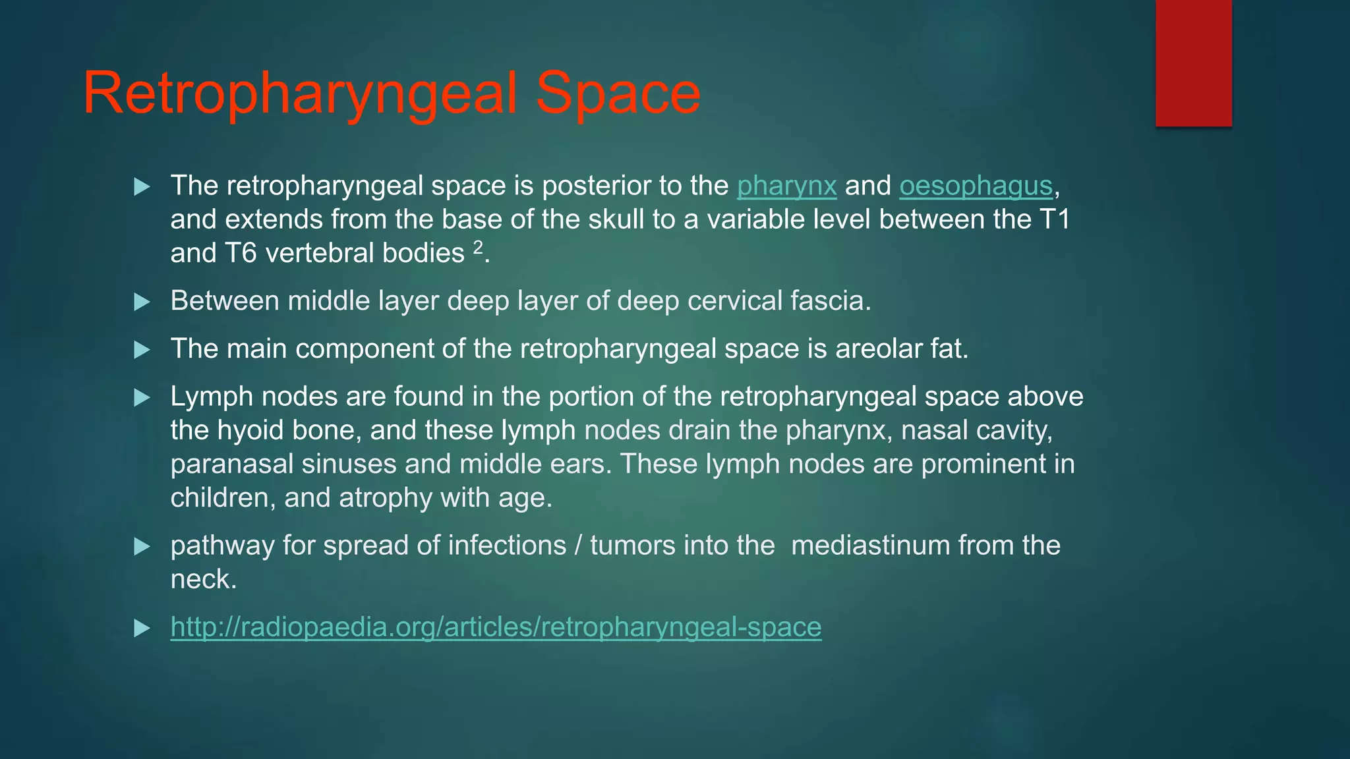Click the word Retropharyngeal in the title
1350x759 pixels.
pyautogui.click(x=300, y=94)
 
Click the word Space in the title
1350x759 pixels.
pyautogui.click(x=618, y=94)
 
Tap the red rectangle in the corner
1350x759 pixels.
pyautogui.click(x=1193, y=63)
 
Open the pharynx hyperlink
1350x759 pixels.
pyautogui.click(x=786, y=186)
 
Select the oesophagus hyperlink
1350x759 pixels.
pyautogui.click(x=976, y=186)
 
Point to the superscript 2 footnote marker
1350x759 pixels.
pyautogui.click(x=478, y=246)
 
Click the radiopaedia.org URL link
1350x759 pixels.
pyautogui.click(x=496, y=627)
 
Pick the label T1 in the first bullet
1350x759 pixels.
pyautogui.click(x=1054, y=219)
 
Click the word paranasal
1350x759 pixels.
pyautogui.click(x=231, y=464)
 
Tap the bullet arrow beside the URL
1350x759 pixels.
pyautogui.click(x=142, y=628)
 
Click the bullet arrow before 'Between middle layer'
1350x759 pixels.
pyautogui.click(x=142, y=302)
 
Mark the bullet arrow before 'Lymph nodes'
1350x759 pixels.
pyautogui.click(x=142, y=398)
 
